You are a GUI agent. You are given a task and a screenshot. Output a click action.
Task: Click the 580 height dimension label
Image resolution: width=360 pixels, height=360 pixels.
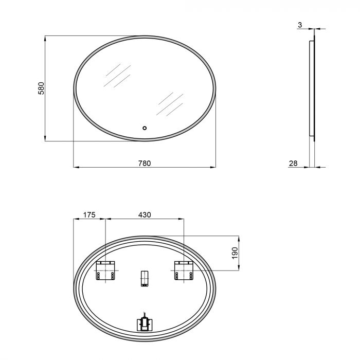pos(41,88)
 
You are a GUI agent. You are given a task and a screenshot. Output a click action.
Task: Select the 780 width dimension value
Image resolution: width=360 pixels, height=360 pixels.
pos(145,163)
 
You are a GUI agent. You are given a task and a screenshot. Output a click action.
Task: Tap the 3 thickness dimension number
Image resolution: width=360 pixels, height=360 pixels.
pos(299,24)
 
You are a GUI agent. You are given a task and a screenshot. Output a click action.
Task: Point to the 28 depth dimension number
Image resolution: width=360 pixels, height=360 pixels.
pos(294,163)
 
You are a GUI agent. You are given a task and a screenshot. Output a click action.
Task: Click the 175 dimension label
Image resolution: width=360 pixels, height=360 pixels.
pos(89,215)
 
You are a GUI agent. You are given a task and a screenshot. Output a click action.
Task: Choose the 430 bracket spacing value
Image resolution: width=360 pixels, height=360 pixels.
pos(145,215)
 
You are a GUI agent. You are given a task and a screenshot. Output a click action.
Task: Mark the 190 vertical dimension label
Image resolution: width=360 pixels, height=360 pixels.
pos(235,253)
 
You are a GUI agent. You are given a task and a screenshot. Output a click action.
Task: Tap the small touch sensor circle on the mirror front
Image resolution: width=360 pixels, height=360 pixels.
pos(145,128)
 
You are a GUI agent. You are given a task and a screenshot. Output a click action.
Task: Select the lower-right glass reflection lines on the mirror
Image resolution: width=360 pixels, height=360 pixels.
pos(170,104)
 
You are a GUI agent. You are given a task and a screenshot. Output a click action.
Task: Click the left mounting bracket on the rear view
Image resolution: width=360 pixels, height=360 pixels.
pos(106,271)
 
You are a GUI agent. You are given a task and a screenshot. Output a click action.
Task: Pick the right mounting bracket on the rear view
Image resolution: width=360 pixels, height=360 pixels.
pos(184,271)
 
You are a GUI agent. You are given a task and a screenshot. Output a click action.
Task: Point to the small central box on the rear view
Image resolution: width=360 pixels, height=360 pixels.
pos(145,278)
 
